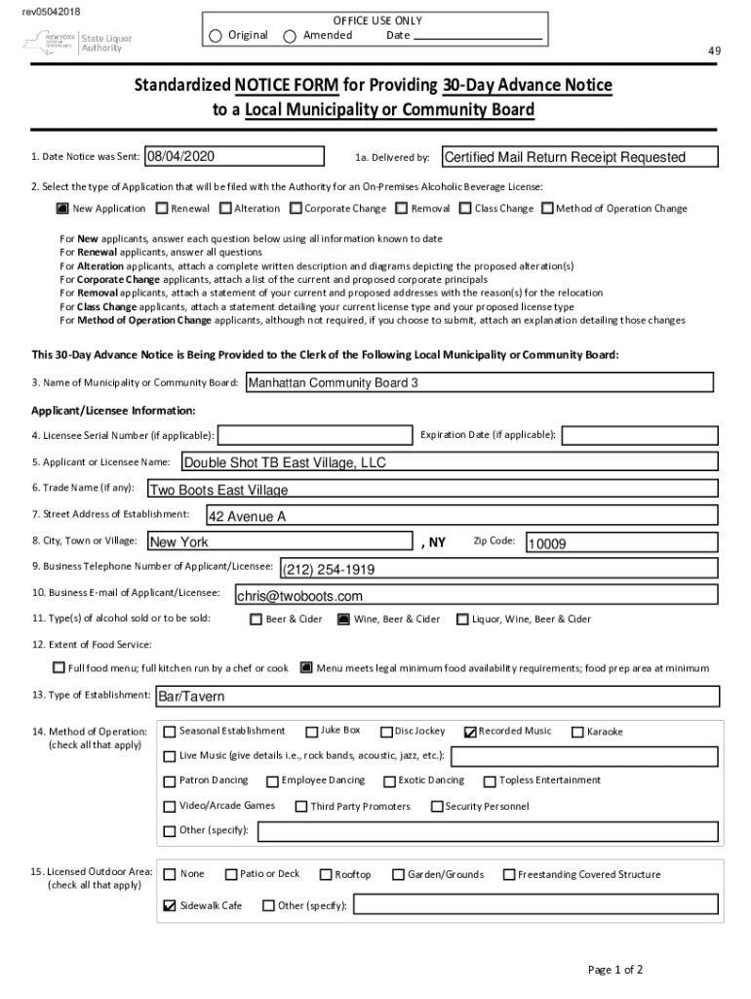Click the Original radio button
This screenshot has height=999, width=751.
pyautogui.click(x=216, y=36)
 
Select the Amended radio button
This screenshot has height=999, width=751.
pyautogui.click(x=290, y=36)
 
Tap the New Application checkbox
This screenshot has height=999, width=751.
pyautogui.click(x=62, y=209)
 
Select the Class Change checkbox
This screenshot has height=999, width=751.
pyautogui.click(x=465, y=209)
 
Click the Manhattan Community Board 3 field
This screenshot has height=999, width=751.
pyautogui.click(x=478, y=383)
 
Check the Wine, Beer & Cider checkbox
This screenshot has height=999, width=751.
pyautogui.click(x=343, y=619)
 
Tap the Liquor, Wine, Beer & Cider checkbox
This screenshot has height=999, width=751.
pyautogui.click(x=462, y=619)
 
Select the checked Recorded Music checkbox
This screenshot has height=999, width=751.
pyautogui.click(x=470, y=732)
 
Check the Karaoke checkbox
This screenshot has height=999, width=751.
pyautogui.click(x=578, y=732)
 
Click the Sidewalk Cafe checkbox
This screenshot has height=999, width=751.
pyautogui.click(x=170, y=905)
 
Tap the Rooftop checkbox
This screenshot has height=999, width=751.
pyautogui.click(x=327, y=875)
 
